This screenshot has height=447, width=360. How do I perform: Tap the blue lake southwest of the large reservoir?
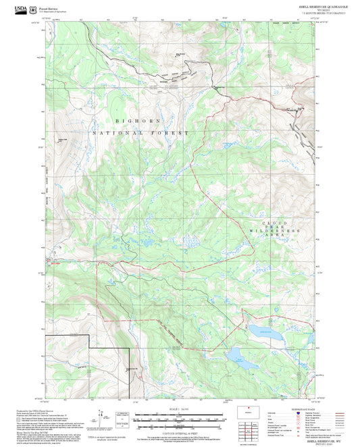pyautogui.click(x=241, y=355)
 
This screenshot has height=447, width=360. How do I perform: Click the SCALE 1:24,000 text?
pyautogui.click(x=177, y=409)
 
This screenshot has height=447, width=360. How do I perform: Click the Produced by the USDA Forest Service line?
pyautogui.click(x=64, y=410)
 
